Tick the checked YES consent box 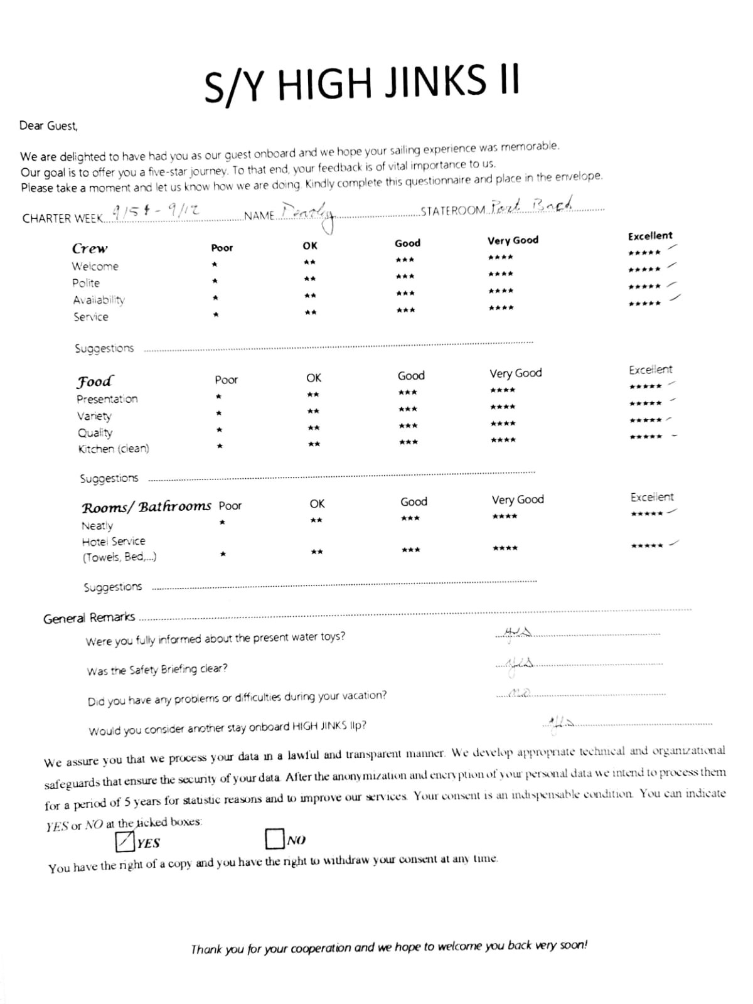(x=125, y=841)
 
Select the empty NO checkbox (x=274, y=839)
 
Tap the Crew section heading (x=90, y=248)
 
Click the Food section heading (x=95, y=382)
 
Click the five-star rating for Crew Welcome (x=644, y=252)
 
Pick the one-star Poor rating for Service (x=215, y=314)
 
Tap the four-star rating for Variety (x=503, y=407)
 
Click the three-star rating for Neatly (x=410, y=518)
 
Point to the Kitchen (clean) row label (x=114, y=449)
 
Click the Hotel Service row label (x=114, y=541)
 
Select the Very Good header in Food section (x=516, y=373)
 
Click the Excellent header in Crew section (x=650, y=236)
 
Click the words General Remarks (x=89, y=618)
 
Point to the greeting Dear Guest (x=49, y=125)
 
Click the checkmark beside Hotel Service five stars (x=674, y=543)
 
